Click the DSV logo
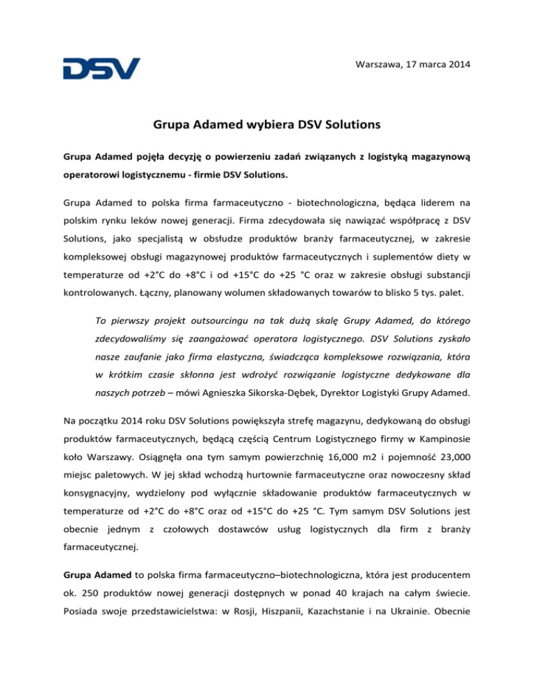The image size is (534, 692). (x=102, y=68)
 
